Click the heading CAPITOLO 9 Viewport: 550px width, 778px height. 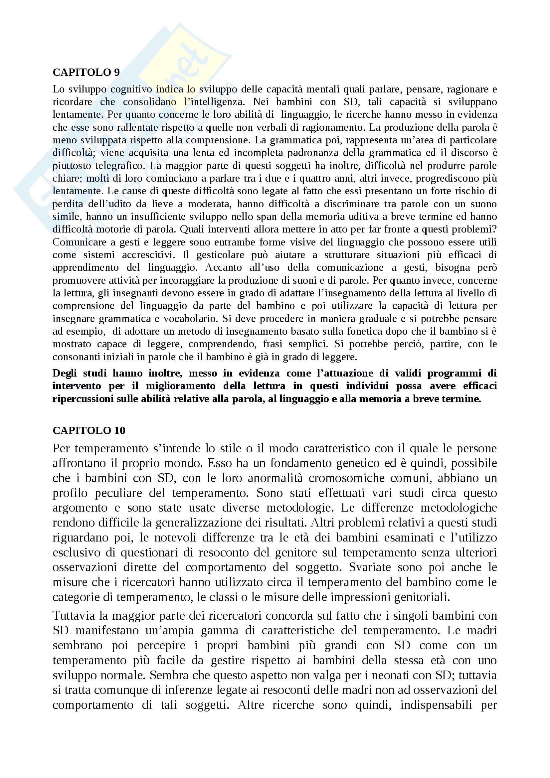86,72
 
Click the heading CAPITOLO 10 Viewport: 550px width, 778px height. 89,430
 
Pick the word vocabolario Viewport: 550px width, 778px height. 190,319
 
